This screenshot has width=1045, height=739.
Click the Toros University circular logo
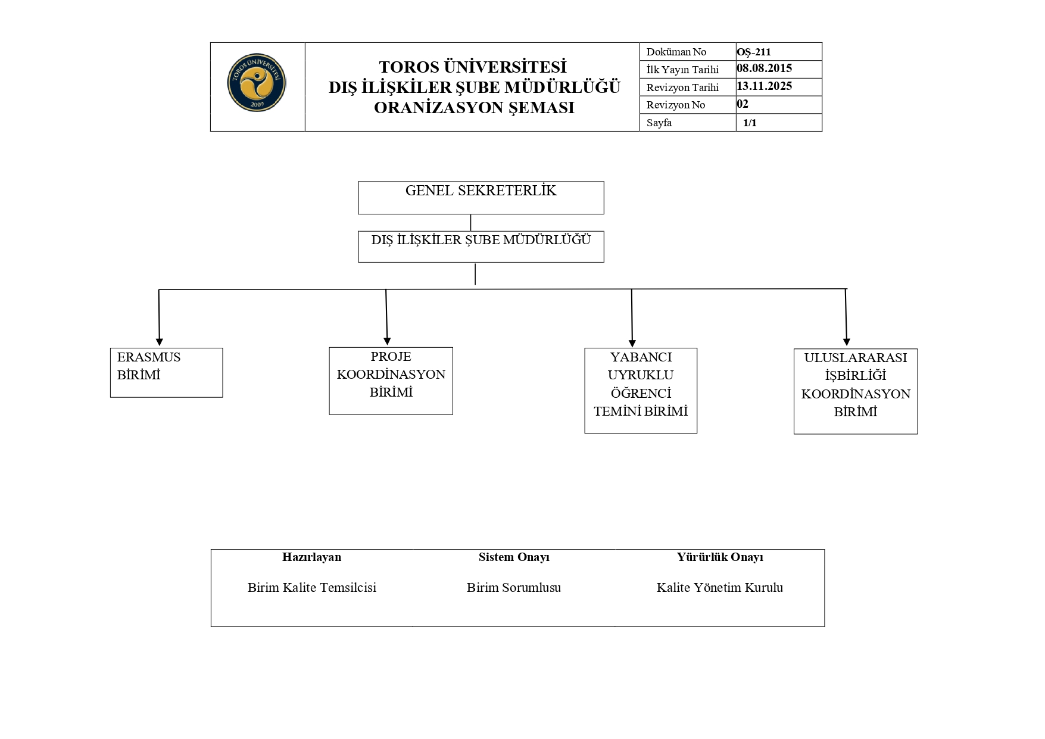coord(257,83)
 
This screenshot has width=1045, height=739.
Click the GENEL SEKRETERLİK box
coord(481,198)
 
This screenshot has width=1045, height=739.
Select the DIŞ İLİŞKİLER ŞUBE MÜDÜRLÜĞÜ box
coord(481,247)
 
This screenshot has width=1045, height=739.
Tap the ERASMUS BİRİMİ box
coord(166,373)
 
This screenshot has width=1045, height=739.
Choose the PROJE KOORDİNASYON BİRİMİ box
coord(391,381)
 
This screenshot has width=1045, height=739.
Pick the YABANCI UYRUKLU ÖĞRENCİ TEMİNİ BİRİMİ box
coord(640,390)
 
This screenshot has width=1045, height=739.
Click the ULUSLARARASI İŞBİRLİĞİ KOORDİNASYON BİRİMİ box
coord(855,391)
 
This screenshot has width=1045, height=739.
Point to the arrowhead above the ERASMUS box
coord(160,341)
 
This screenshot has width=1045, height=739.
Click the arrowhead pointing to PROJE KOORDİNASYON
coord(388,341)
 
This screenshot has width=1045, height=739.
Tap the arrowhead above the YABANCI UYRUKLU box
coord(632,342)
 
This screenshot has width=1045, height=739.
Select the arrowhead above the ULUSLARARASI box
coord(847,342)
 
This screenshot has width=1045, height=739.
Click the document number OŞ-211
coord(754,52)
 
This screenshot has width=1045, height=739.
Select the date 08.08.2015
coord(764,68)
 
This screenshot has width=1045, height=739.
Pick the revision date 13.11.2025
coord(764,86)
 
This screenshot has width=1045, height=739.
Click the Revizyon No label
coord(675,105)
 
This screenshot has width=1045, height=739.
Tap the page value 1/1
coord(750,123)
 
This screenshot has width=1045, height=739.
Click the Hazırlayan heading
coord(311,557)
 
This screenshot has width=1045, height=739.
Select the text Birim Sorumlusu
coord(513,587)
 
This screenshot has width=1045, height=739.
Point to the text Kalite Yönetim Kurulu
coord(719,587)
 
